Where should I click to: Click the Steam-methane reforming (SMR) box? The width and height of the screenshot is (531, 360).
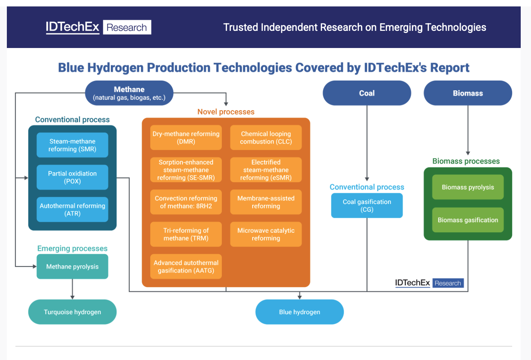(72, 145)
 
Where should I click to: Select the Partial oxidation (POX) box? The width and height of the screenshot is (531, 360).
(72, 177)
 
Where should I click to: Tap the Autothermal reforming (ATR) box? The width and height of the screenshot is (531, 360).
(72, 210)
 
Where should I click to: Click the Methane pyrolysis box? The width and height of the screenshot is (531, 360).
(72, 267)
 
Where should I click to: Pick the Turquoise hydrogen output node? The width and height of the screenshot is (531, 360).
(72, 312)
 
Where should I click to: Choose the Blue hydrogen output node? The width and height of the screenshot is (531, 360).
(299, 312)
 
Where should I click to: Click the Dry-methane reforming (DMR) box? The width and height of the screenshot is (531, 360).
(186, 138)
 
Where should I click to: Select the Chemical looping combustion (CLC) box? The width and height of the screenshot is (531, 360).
(266, 138)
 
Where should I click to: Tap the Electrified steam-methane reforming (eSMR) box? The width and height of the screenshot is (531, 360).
(266, 170)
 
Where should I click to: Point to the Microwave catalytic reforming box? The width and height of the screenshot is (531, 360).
(266, 234)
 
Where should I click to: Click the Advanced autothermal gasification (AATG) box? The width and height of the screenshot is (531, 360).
(186, 267)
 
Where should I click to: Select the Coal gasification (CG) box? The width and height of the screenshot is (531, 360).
(367, 206)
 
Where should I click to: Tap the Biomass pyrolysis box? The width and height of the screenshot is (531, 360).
(468, 187)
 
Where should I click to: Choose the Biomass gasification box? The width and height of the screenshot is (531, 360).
(468, 220)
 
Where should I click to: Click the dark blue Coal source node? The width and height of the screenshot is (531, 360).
(367, 93)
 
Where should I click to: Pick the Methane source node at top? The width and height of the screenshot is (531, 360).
(129, 93)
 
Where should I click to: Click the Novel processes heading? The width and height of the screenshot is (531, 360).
(226, 112)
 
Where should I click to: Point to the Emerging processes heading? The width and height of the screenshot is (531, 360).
(72, 249)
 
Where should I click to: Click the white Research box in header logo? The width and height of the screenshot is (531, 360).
(127, 27)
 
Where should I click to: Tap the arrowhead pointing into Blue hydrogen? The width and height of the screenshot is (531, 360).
(299, 297)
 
